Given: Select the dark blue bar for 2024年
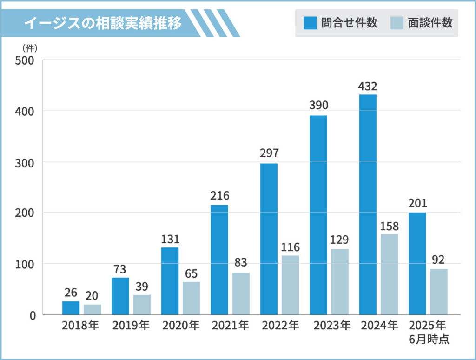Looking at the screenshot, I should pyautogui.click(x=368, y=205).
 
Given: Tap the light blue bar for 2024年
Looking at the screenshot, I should pyautogui.click(x=389, y=274).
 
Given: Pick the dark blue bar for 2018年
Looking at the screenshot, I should pyautogui.click(x=71, y=308).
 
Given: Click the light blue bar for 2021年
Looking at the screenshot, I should pyautogui.click(x=241, y=293).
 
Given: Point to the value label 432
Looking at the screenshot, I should pyautogui.click(x=368, y=87).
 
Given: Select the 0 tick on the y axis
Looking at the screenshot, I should pyautogui.click(x=33, y=315).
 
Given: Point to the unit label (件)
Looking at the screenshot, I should pyautogui.click(x=30, y=47).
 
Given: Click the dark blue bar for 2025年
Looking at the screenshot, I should pyautogui.click(x=417, y=264).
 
